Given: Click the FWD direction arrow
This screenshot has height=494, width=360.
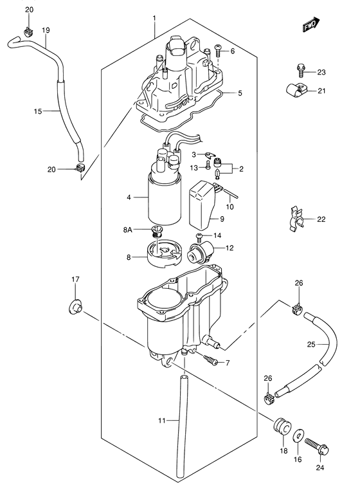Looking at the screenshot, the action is (x=311, y=24).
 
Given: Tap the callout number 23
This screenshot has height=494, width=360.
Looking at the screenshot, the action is (x=321, y=73).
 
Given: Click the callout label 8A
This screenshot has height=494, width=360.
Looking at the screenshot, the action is (x=127, y=230).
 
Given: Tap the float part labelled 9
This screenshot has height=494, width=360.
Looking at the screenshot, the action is (x=201, y=205).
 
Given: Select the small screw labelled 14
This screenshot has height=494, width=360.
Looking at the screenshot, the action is (x=199, y=236).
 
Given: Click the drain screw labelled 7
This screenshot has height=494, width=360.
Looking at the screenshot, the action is (x=210, y=360).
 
